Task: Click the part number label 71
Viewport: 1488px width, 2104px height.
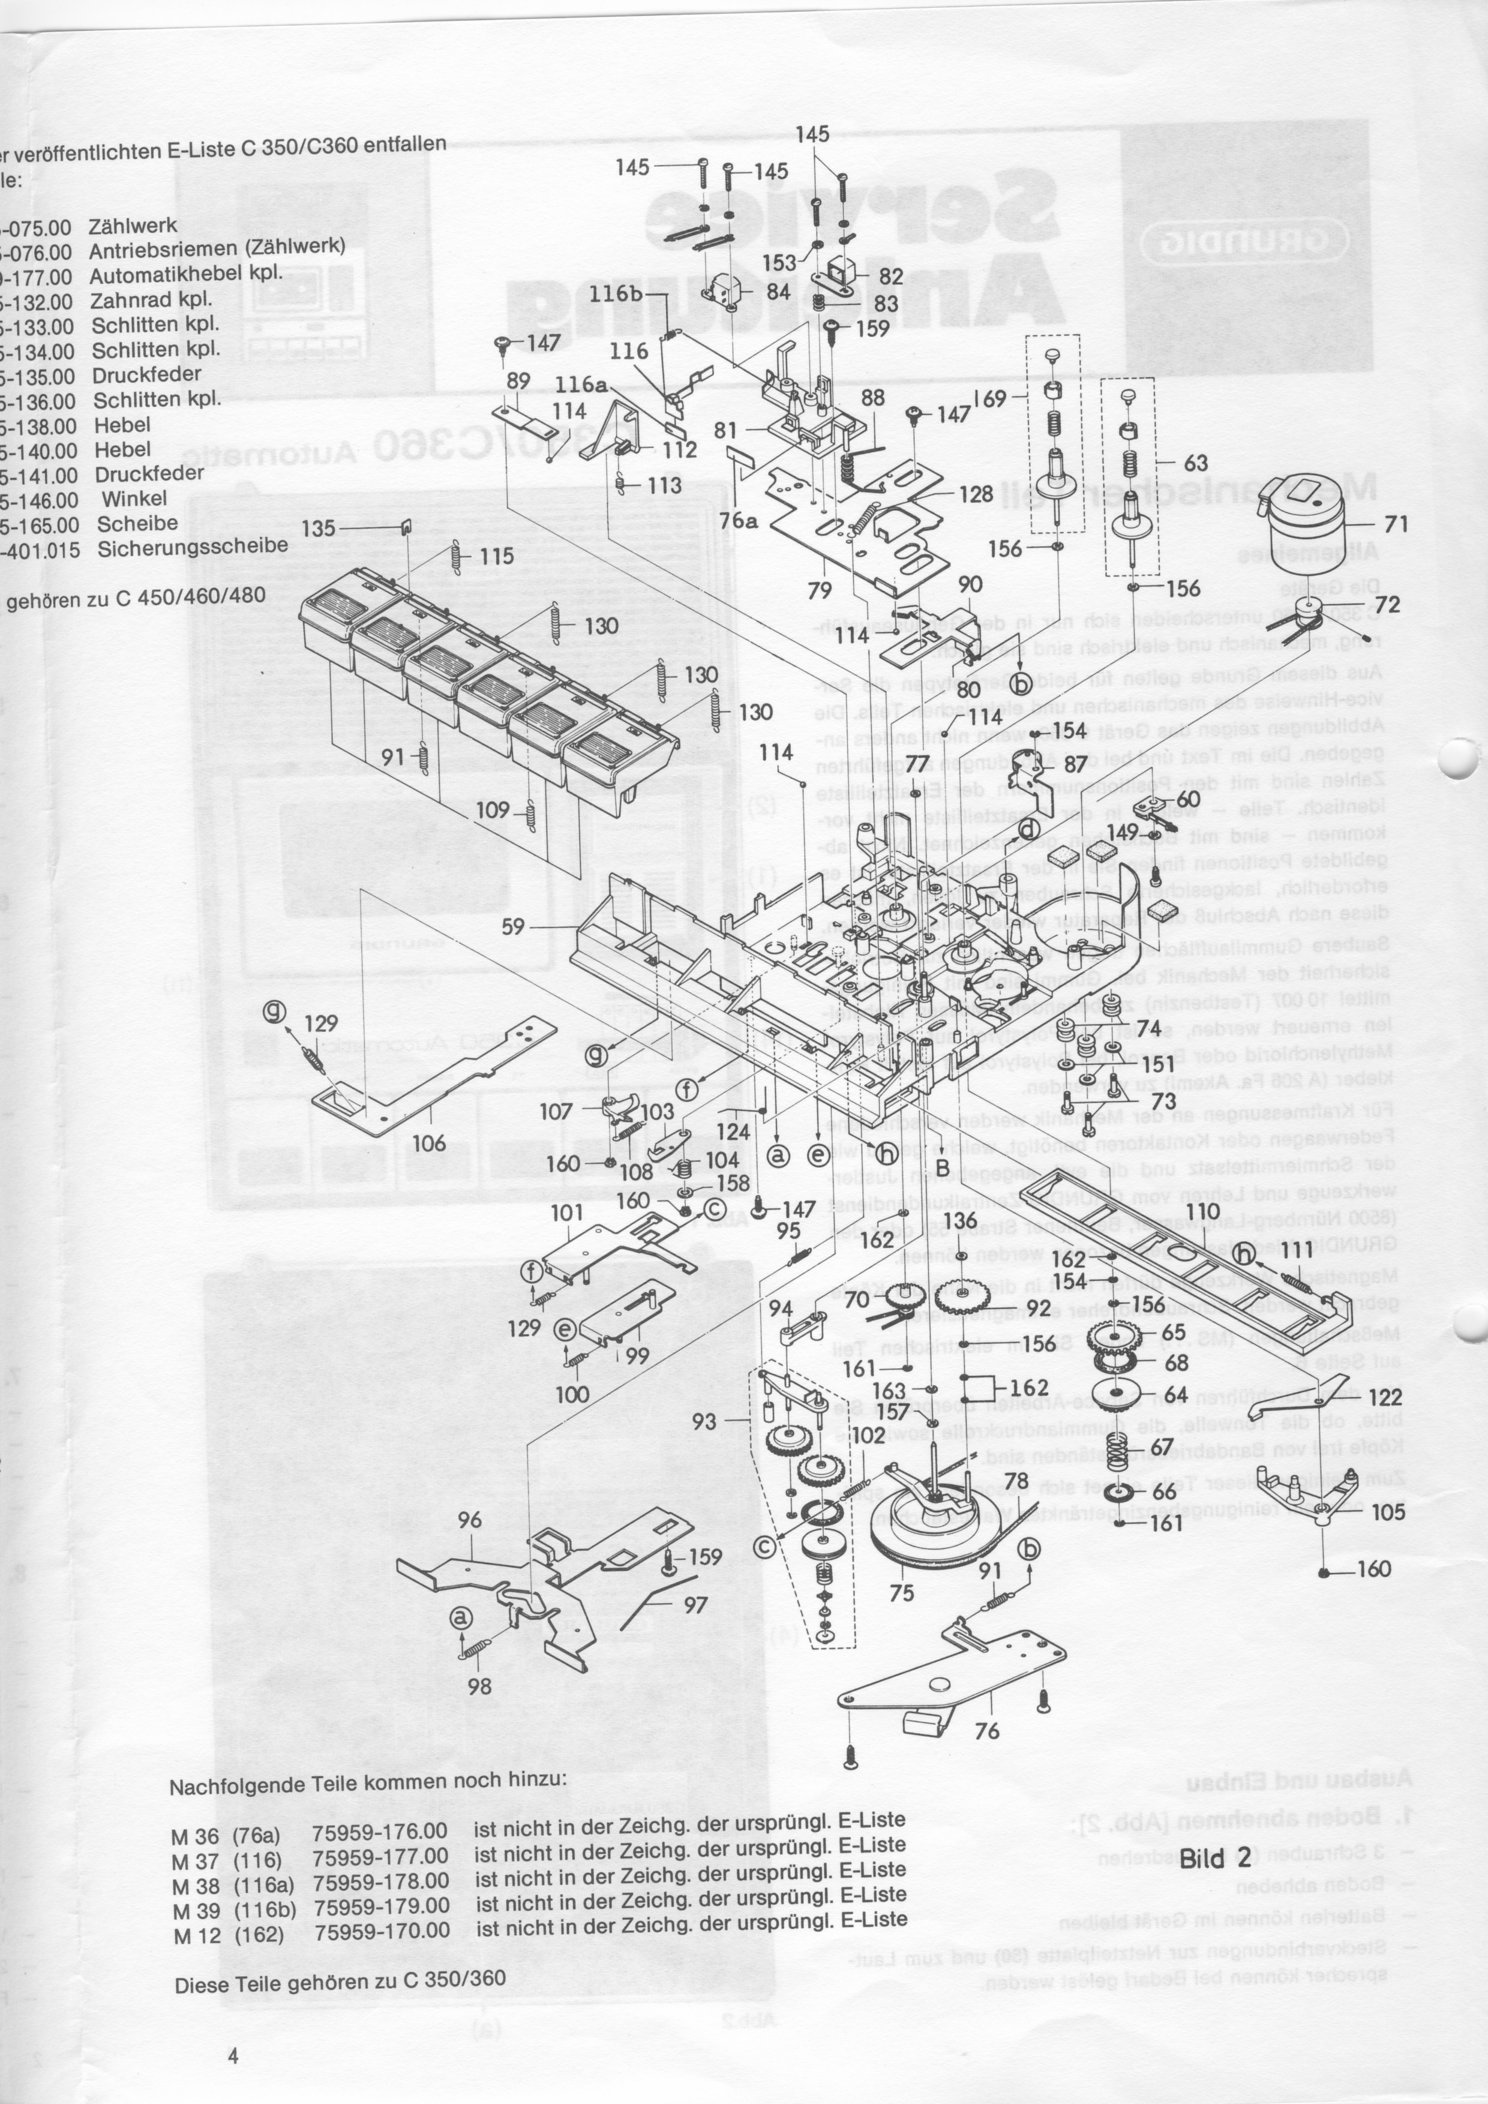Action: click(x=1396, y=524)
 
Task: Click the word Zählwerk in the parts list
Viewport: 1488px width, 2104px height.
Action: click(x=132, y=226)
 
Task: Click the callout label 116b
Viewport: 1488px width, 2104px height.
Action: click(x=616, y=293)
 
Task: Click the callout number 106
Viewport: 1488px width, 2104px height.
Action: click(x=429, y=1143)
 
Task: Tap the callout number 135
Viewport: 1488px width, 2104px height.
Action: click(x=318, y=529)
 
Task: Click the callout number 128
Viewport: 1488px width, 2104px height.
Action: click(x=976, y=495)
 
